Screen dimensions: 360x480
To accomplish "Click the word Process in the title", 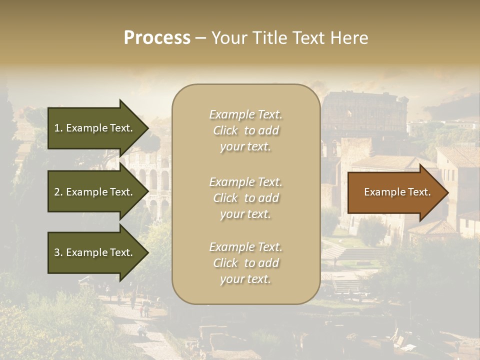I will pos(157,38).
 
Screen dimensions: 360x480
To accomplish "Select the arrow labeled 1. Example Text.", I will pos(95,128).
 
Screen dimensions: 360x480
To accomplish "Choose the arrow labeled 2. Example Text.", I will pos(95,192).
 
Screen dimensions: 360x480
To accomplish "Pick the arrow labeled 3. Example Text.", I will pos(95,252).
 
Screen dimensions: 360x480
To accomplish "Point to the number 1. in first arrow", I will pos(58,128).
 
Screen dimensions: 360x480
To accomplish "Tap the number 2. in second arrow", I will pos(58,192).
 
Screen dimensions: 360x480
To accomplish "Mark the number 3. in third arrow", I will pos(58,252).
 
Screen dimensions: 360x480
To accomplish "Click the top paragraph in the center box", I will pos(245,130).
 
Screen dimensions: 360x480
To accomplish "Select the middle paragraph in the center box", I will pos(245,198).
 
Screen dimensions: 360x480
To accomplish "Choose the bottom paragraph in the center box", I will pos(245,263).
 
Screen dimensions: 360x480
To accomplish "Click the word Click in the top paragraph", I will pos(225,130).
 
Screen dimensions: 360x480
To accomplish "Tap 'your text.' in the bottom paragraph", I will pos(245,279).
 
